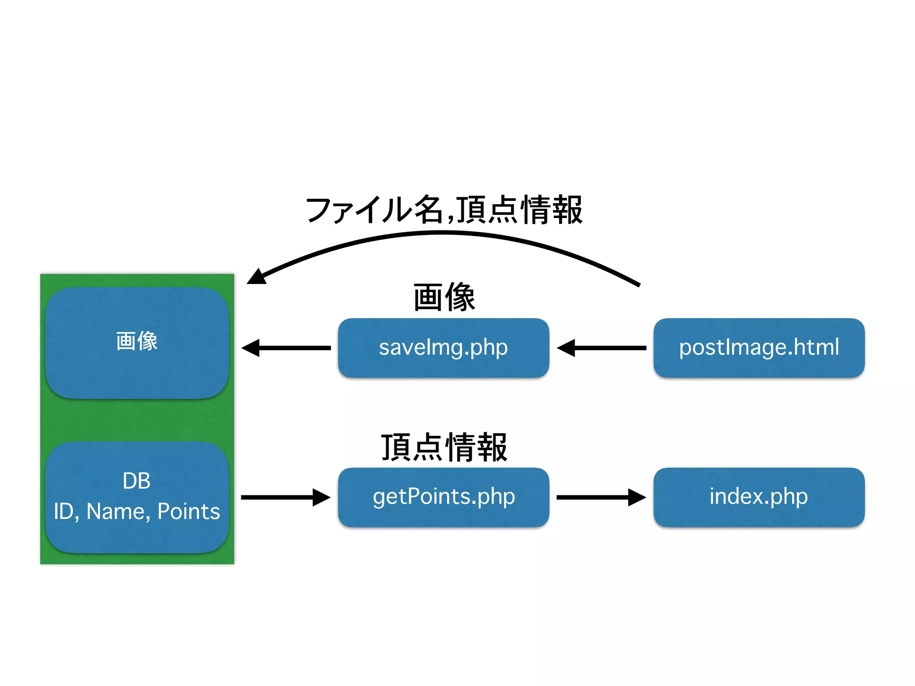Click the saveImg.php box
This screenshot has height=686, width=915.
(443, 347)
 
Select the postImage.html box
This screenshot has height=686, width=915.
(759, 347)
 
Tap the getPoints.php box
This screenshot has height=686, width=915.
(443, 497)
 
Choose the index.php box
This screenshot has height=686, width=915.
(759, 497)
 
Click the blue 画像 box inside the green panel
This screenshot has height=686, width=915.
(137, 342)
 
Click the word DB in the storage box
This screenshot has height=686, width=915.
(136, 481)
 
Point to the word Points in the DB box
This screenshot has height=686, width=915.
(189, 511)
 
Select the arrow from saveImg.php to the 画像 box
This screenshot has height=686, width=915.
(286, 347)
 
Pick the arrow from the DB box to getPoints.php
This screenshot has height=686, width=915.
(286, 497)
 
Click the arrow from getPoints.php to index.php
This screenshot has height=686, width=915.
(601, 497)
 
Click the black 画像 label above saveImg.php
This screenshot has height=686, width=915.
(444, 297)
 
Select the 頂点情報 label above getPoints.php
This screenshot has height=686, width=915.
(444, 447)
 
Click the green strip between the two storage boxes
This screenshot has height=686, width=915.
(137, 420)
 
